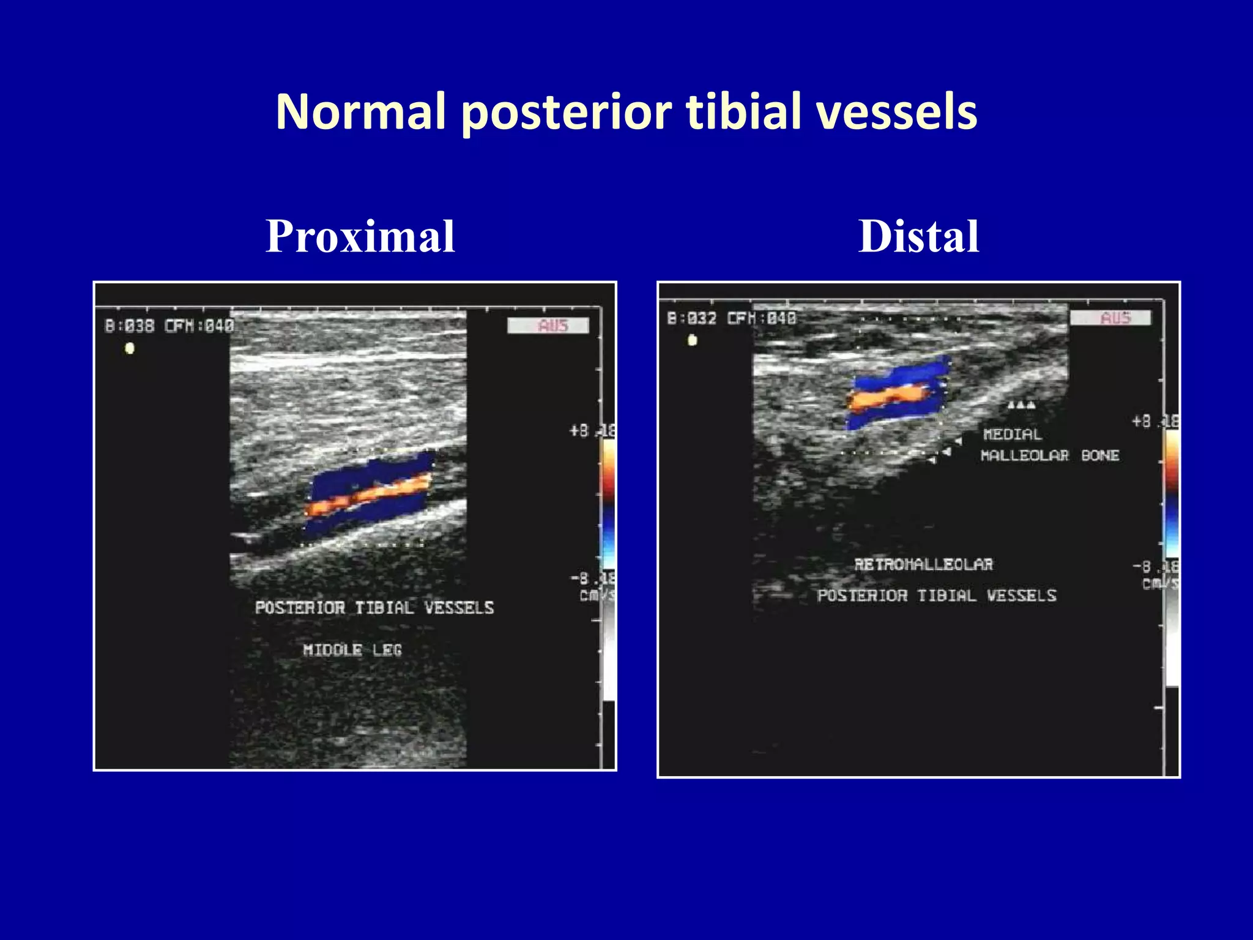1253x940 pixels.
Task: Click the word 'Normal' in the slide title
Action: click(360, 112)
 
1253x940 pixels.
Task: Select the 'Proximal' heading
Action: click(360, 237)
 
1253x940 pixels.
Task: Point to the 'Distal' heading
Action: click(918, 237)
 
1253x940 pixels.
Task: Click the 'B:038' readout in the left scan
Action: click(129, 326)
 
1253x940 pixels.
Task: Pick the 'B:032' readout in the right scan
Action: click(691, 318)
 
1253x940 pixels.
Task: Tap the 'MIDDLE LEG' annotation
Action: click(352, 650)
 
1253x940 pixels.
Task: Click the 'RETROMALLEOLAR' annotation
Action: click(923, 564)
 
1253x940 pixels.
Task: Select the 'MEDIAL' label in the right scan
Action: click(1012, 435)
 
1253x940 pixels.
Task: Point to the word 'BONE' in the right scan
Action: click(1100, 455)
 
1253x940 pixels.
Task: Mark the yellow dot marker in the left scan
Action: click(130, 349)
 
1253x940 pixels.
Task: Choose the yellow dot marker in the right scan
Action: click(692, 340)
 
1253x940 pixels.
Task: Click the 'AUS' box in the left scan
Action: click(548, 326)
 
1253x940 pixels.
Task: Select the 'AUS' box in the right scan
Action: click(1110, 318)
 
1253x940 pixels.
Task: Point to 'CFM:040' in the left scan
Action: click(199, 326)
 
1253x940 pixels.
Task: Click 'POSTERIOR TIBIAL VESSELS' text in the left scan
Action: click(374, 608)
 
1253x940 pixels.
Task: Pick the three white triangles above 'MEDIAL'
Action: click(1022, 405)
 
